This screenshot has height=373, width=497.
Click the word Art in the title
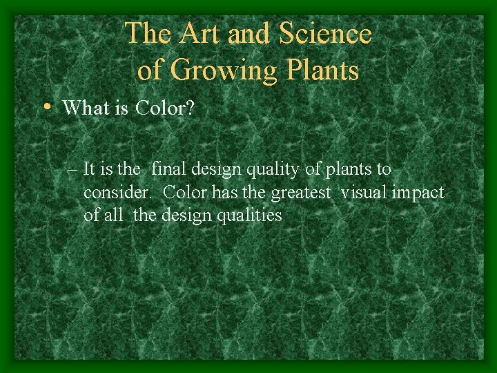[200, 33]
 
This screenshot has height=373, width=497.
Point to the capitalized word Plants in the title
[321, 70]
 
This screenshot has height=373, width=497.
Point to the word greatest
[302, 192]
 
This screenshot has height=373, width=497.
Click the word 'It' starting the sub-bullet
[88, 169]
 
